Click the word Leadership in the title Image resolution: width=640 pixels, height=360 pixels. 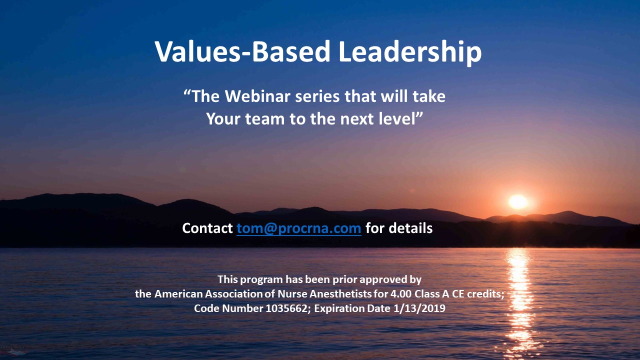(410, 52)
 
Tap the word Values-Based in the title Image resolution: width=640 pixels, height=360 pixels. (242, 51)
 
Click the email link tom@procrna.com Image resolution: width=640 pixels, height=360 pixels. (299, 228)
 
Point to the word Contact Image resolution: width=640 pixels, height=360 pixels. (207, 228)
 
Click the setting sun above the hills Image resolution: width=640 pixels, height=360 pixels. (518, 201)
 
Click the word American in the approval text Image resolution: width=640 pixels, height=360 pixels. (178, 294)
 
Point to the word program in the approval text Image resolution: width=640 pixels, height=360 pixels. (261, 280)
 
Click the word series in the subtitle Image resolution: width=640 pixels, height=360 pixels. (317, 96)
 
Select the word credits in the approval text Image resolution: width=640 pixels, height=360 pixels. (485, 294)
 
